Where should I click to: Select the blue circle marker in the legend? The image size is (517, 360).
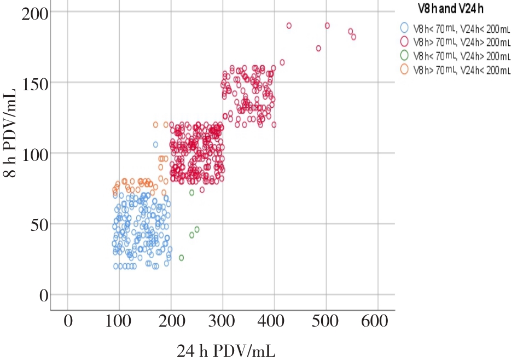pos(405,26)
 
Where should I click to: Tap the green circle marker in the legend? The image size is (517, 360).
pos(405,55)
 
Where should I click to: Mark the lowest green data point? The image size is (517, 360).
pos(182,257)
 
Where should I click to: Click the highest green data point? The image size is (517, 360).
pos(192,193)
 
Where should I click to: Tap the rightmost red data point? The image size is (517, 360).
pos(353,37)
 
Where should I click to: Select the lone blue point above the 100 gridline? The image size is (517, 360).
pos(155,144)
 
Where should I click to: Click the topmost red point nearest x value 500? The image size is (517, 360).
pos(327,26)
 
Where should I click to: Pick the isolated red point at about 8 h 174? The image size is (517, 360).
pos(318,48)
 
